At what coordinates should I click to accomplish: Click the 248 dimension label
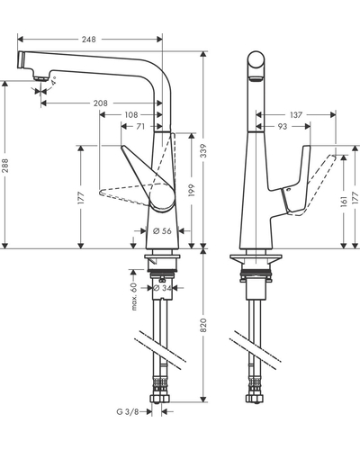(x=89, y=40)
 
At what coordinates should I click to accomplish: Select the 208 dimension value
(x=100, y=103)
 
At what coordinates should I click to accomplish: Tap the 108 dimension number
(x=131, y=114)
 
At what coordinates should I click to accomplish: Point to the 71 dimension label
(x=140, y=126)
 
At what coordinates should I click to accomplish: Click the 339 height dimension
(x=203, y=151)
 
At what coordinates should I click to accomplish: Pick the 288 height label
(x=5, y=166)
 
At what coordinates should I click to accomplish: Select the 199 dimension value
(x=192, y=190)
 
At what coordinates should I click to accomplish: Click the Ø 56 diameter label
(x=162, y=230)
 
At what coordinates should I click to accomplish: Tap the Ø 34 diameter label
(x=162, y=288)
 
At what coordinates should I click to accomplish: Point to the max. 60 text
(x=134, y=296)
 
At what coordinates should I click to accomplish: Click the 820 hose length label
(x=203, y=325)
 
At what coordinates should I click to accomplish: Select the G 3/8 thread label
(x=128, y=411)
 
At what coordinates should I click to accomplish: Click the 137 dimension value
(x=296, y=114)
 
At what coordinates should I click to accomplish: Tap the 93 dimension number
(x=283, y=126)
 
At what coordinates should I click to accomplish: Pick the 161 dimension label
(x=344, y=201)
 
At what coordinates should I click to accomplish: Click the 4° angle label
(x=54, y=81)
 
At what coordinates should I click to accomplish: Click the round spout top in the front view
(x=256, y=59)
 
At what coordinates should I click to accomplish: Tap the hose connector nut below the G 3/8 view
(x=159, y=399)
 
